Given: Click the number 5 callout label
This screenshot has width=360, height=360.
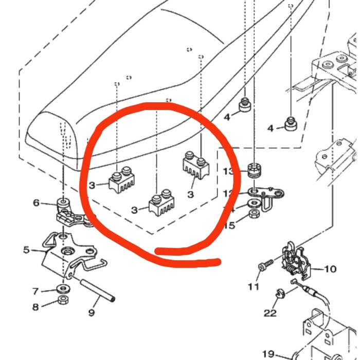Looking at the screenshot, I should (x=27, y=250).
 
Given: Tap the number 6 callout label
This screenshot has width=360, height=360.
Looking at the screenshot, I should (x=36, y=203).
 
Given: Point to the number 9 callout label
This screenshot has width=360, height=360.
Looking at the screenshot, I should (x=92, y=312).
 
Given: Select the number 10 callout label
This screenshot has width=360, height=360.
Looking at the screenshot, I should (x=330, y=269).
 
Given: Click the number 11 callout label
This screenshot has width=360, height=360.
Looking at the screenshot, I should (x=254, y=286).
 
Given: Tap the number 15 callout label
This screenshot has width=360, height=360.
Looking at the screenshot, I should (x=230, y=225).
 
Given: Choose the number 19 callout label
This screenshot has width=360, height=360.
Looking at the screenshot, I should (x=268, y=354).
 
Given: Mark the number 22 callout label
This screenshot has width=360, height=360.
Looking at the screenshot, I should (x=270, y=313).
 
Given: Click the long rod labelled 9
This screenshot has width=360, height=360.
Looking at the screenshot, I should (x=98, y=291).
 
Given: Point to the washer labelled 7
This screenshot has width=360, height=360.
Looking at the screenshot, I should (x=62, y=287).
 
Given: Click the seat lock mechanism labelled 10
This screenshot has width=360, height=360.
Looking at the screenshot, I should (x=296, y=260).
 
